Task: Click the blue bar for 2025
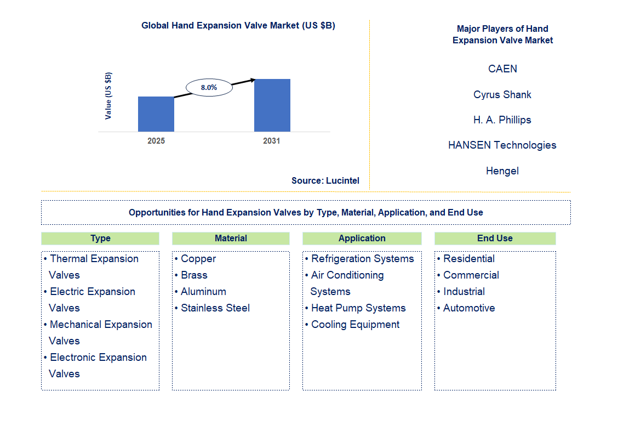156,114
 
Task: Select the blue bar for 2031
272,105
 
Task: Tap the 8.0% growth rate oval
209,87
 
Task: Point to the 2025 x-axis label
156,141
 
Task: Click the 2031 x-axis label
272,141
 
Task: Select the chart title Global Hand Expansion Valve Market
238,25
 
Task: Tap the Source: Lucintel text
325,180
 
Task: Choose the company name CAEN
502,69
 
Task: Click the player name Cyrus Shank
502,94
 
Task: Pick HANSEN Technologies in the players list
502,145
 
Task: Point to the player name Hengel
502,171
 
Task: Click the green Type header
100,238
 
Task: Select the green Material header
231,238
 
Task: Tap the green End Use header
495,238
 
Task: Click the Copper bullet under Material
198,259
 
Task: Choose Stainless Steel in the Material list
215,308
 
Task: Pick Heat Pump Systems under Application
358,308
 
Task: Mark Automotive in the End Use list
469,308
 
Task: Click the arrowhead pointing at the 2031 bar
252,80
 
